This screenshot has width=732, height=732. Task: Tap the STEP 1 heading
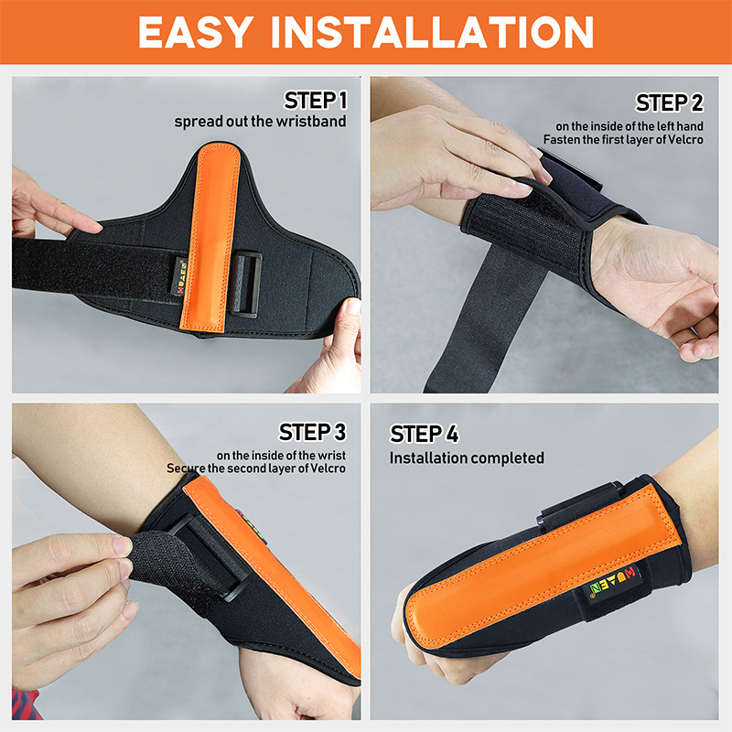pos(316,100)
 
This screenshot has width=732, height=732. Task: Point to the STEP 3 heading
pos(313,431)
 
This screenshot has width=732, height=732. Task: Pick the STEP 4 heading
pos(424,434)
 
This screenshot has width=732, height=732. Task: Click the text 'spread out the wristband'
pos(261,122)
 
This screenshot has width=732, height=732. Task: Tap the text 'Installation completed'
pos(467,457)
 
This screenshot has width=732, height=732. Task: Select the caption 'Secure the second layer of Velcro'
pos(256,468)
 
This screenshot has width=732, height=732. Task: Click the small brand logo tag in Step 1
pos(179,273)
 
